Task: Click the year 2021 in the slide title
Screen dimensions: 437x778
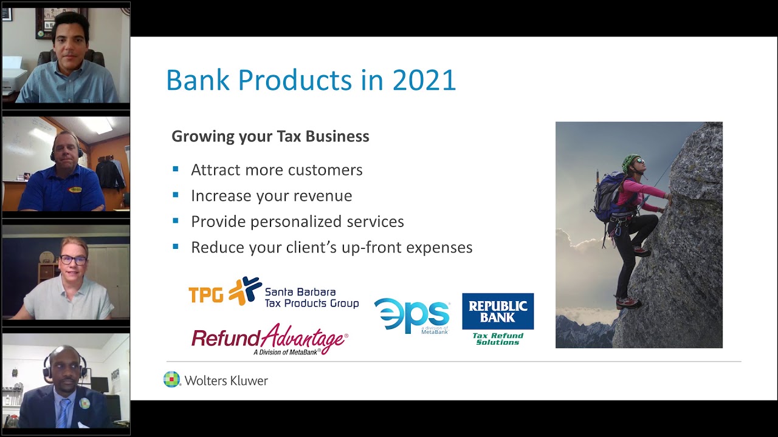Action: coord(424,81)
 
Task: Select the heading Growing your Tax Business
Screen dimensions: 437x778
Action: coord(270,137)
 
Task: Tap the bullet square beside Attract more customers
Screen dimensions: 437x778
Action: coord(176,169)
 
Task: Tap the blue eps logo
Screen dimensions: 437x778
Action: coord(411,316)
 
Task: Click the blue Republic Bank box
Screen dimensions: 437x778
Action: coord(498,311)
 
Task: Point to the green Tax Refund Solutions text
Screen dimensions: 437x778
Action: coord(498,339)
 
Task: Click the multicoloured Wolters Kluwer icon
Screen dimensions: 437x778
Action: coord(172,380)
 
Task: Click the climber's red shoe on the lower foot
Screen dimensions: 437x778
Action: coord(627,302)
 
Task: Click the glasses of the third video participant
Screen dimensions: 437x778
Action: coord(73,260)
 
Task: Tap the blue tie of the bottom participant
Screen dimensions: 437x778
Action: coord(64,413)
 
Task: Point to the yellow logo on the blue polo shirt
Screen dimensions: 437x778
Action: coord(75,189)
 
